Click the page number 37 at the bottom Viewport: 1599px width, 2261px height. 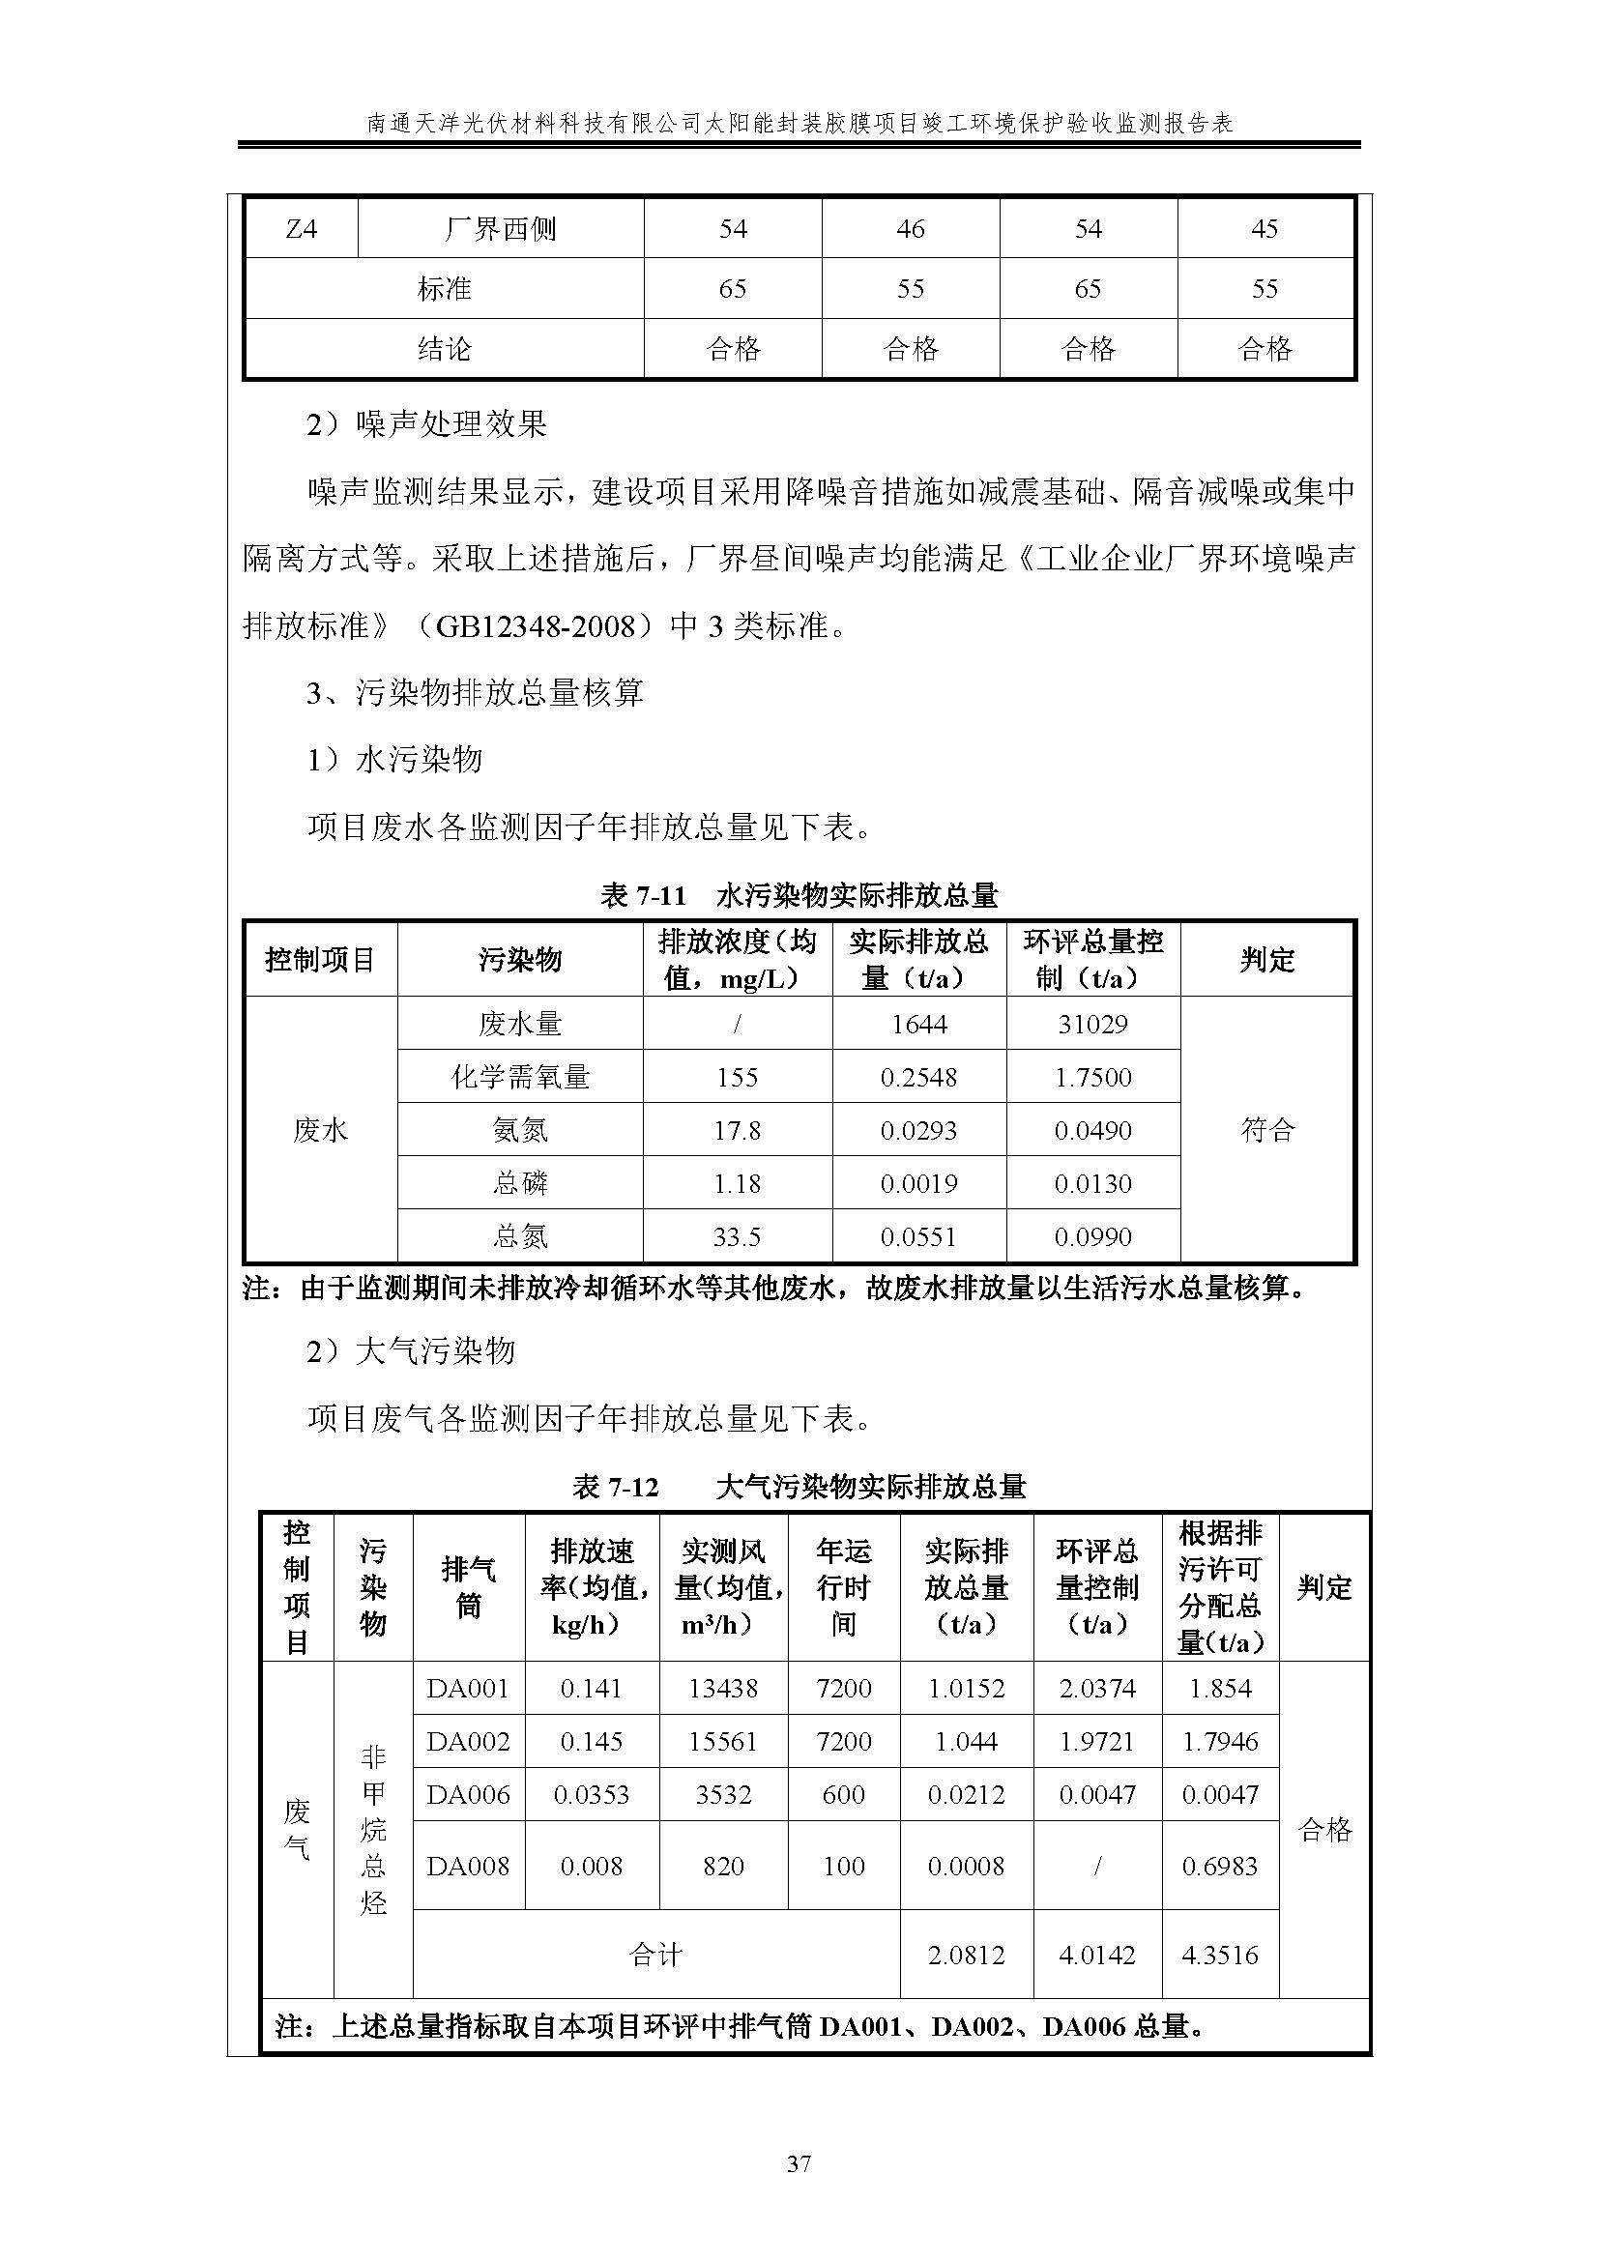click(799, 2163)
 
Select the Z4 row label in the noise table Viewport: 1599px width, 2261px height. click(301, 229)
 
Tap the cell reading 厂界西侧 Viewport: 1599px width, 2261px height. click(500, 229)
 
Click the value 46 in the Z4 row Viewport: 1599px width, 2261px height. click(910, 229)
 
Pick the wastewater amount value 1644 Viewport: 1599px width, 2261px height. click(918, 1024)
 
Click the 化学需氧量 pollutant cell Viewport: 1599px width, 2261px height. click(520, 1077)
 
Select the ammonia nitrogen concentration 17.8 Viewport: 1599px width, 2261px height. click(737, 1131)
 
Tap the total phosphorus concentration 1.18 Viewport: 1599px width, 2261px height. click(737, 1184)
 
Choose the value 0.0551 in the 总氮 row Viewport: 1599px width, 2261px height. click(918, 1237)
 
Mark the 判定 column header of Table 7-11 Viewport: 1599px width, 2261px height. click(1267, 960)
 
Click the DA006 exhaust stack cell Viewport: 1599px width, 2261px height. click(468, 1794)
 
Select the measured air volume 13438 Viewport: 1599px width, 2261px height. click(723, 1688)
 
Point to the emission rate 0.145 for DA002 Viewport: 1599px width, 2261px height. click(591, 1741)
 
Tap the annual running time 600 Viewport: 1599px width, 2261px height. click(843, 1794)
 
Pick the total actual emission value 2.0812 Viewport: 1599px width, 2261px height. click(966, 1955)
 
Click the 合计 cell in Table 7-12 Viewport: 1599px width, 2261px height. click(655, 1955)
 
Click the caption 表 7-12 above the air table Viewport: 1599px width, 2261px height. click(616, 1487)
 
